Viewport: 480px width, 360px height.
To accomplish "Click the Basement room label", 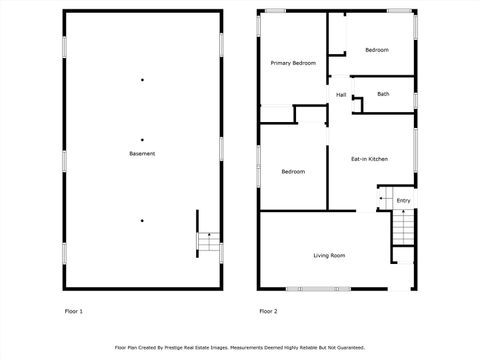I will click(x=142, y=153).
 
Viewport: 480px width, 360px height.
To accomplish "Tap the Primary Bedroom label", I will click(x=293, y=63).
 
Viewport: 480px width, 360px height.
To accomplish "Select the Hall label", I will click(x=341, y=95).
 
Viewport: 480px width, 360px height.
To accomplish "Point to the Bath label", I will click(x=383, y=94).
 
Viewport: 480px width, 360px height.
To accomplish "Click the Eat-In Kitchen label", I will click(x=369, y=159).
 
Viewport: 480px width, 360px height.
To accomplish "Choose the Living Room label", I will click(x=329, y=256).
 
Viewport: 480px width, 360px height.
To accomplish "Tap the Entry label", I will click(x=403, y=201).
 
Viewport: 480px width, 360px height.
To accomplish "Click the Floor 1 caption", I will click(x=73, y=311).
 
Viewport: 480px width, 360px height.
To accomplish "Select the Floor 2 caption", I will click(x=268, y=311).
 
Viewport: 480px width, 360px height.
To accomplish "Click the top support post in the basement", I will click(x=142, y=80).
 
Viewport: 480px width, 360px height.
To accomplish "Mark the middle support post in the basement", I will click(x=142, y=140).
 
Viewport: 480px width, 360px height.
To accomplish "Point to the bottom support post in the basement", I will click(x=142, y=220).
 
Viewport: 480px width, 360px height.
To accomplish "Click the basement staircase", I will click(x=208, y=241).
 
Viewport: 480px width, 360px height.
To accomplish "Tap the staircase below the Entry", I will click(x=402, y=229).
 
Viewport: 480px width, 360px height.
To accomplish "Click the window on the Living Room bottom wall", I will click(x=318, y=289).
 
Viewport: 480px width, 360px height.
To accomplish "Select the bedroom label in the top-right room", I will click(x=376, y=50).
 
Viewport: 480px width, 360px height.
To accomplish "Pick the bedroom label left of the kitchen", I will click(x=293, y=172).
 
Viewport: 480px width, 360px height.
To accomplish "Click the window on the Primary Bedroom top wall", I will click(x=274, y=11).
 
